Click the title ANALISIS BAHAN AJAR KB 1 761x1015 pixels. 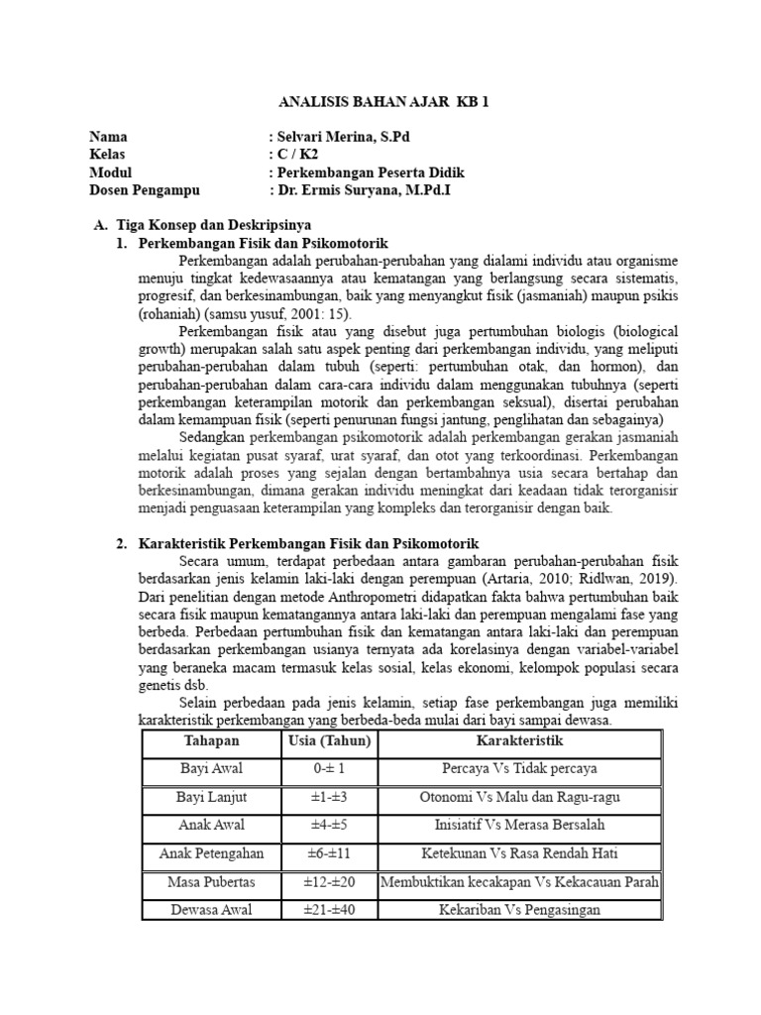[380, 101]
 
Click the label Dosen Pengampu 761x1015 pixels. [145, 189]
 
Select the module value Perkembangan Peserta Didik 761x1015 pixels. [370, 171]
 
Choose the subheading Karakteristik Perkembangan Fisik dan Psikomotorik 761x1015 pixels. [308, 543]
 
